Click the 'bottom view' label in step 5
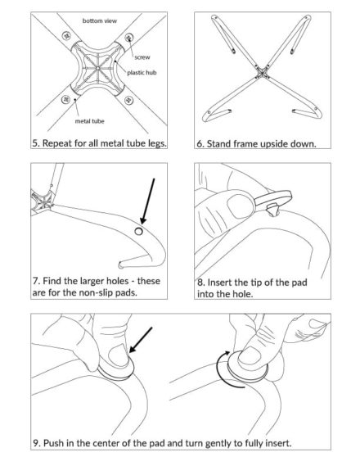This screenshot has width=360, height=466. (x=101, y=19)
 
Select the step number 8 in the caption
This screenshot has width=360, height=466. (x=200, y=281)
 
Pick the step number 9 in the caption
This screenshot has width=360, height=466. (x=37, y=444)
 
